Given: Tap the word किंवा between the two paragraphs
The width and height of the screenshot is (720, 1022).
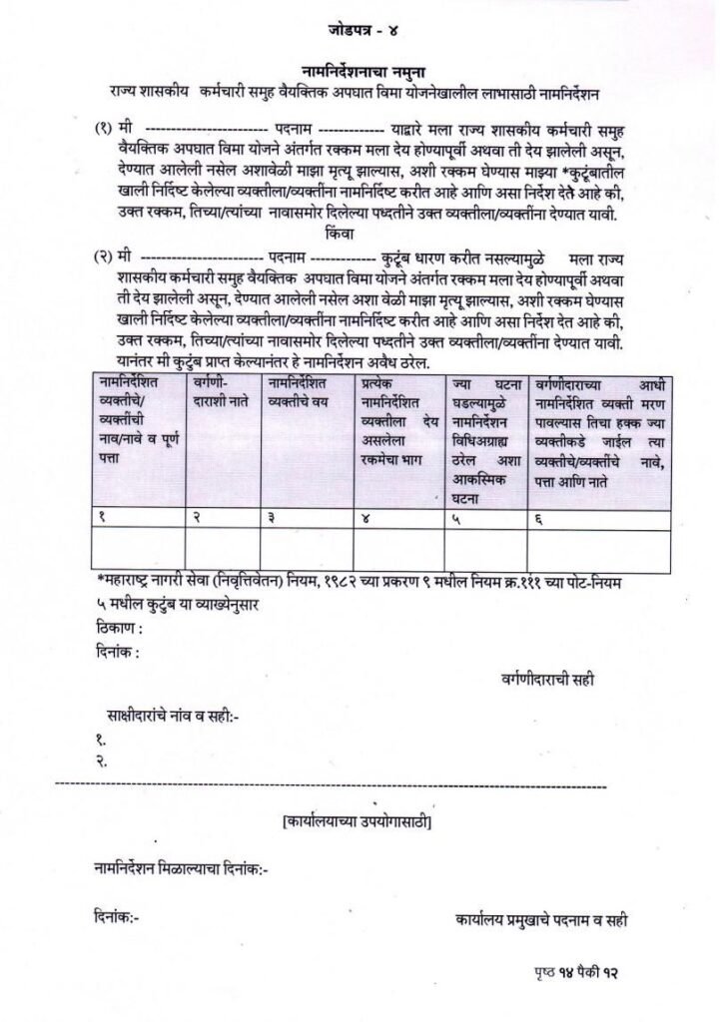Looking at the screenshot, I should point(340,236).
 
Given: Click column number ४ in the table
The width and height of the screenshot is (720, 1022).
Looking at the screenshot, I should point(364,517).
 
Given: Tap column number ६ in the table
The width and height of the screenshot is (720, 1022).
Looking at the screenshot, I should point(539,517).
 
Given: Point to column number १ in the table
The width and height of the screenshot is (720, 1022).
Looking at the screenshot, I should point(103,517).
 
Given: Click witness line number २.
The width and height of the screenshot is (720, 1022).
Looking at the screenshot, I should point(102,762).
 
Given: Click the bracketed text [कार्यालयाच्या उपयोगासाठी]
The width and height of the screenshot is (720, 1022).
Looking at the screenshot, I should point(358,822).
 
